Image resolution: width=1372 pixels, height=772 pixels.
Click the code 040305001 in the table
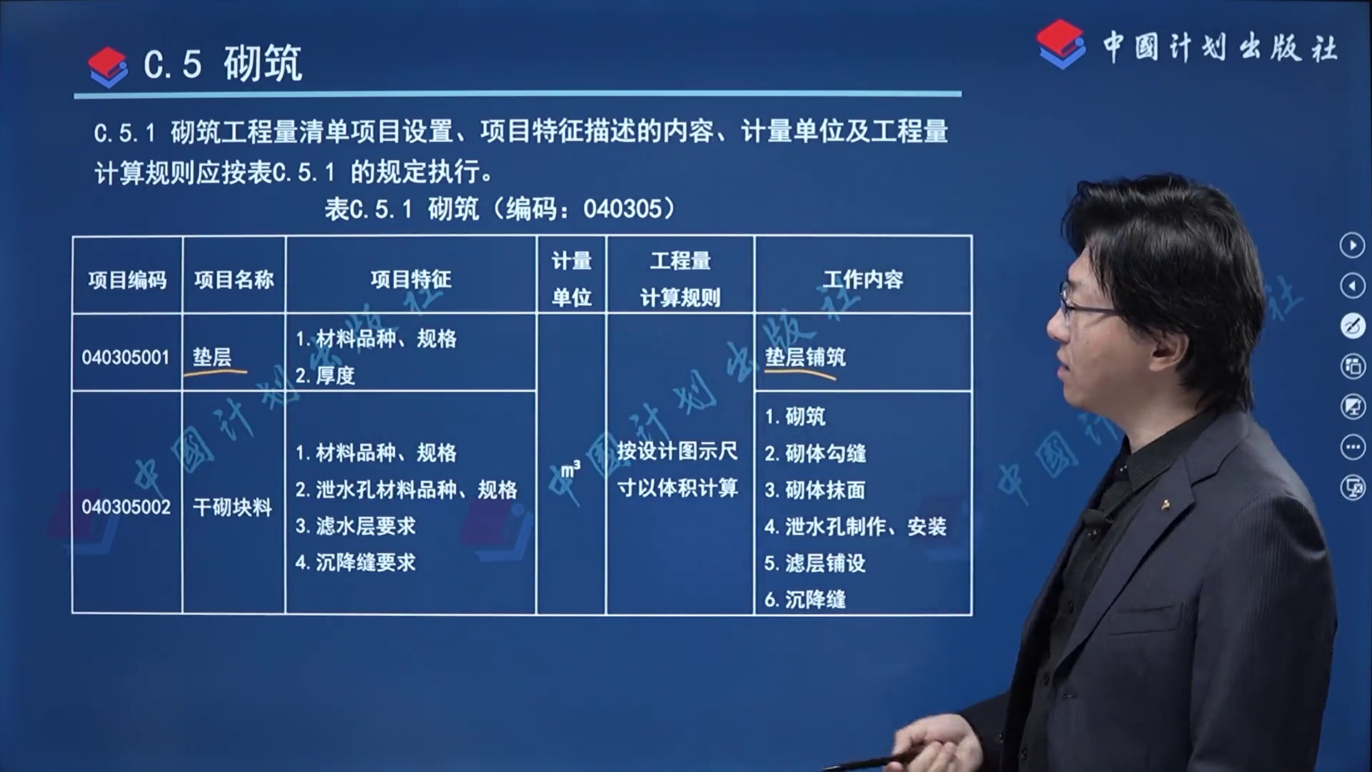[x=126, y=357]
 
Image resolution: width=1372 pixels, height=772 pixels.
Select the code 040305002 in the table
[x=126, y=508]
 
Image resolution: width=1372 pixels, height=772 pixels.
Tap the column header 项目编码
[x=127, y=279]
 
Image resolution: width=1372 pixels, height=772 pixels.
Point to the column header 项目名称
[x=234, y=279]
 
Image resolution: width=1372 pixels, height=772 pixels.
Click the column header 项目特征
[x=411, y=279]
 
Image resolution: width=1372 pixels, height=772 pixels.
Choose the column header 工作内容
[x=863, y=279]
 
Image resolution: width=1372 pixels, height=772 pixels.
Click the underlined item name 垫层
[x=212, y=357]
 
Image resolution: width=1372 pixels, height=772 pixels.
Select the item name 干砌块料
[x=233, y=508]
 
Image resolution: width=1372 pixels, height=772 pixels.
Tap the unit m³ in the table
[x=570, y=469]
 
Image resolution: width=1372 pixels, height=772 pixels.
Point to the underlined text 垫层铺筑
[x=805, y=357]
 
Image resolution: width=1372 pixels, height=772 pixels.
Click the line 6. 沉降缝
[x=805, y=599]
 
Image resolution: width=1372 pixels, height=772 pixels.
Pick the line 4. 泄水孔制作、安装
[x=855, y=527]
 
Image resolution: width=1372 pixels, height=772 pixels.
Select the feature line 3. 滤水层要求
[x=355, y=526]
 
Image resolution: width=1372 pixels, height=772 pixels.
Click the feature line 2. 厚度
[x=325, y=375]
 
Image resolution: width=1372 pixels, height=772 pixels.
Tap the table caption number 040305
[x=622, y=209]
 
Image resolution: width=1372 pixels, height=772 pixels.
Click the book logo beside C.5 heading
[x=108, y=66]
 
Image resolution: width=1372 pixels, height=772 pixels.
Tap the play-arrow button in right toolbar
[x=1352, y=245]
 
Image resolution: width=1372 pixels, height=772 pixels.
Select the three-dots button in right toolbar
[x=1352, y=447]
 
